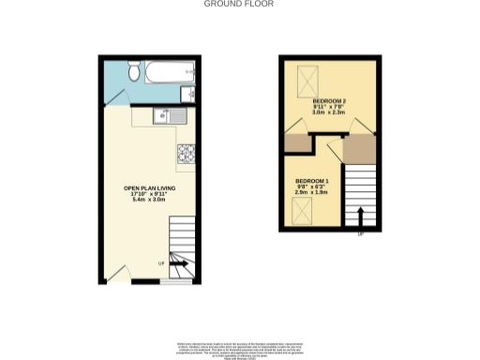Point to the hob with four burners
tap(184, 149)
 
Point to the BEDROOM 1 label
tap(312, 180)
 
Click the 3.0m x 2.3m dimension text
tap(329, 112)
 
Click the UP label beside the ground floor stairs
tap(160, 263)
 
